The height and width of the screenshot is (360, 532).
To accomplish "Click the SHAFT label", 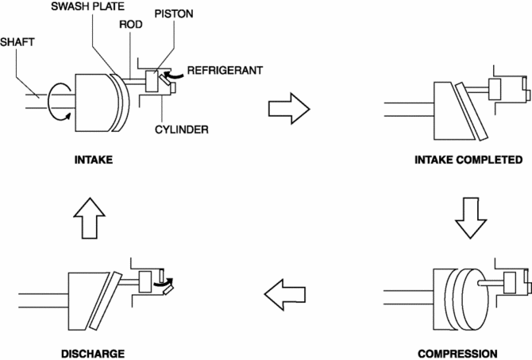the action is (17, 42).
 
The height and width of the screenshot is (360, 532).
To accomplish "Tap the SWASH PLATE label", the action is (87, 6).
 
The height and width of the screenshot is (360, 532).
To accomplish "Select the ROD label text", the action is (131, 25).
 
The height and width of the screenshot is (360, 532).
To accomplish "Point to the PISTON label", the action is (174, 14).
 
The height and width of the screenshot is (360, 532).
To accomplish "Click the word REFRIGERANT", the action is (225, 70).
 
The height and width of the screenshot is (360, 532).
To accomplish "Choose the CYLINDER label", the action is (182, 130).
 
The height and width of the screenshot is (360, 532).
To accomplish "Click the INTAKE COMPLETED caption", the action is (468, 160).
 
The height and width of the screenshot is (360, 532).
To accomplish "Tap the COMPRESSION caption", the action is (457, 354).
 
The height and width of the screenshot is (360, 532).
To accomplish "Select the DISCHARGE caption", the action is (93, 354).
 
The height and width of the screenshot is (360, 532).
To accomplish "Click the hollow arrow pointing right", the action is (289, 109).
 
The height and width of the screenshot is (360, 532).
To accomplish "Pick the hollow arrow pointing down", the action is (471, 218).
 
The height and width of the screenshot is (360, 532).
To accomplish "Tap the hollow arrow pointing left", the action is (285, 295).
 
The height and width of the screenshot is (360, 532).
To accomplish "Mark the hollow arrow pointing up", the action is (90, 218).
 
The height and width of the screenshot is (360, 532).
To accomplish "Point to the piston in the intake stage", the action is (152, 81).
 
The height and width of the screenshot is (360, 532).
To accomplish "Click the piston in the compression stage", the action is (510, 283).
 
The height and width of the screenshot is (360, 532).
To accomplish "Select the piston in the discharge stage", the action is (145, 282).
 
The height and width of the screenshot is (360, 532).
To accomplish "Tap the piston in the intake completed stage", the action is (495, 89).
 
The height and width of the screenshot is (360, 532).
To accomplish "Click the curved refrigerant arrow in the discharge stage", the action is (163, 283).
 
